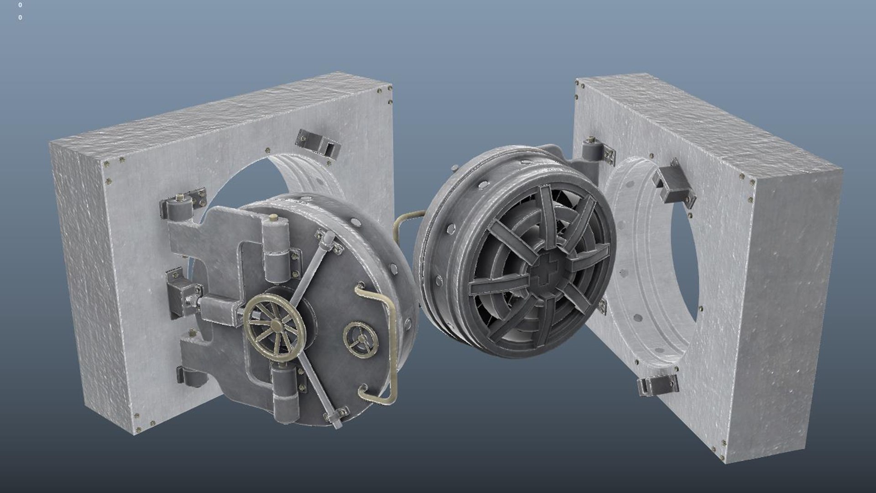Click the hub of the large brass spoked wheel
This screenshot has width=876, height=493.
(x=276, y=325)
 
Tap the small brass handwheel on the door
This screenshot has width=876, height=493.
(x=360, y=338)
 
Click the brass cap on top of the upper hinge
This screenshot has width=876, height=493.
(x=274, y=218)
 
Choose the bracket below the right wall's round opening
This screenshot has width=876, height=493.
(x=657, y=385)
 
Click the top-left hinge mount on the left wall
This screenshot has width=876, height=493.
(x=182, y=205)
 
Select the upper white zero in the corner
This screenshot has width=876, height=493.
(x=20, y=5)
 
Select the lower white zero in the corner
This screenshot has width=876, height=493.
(x=20, y=18)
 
